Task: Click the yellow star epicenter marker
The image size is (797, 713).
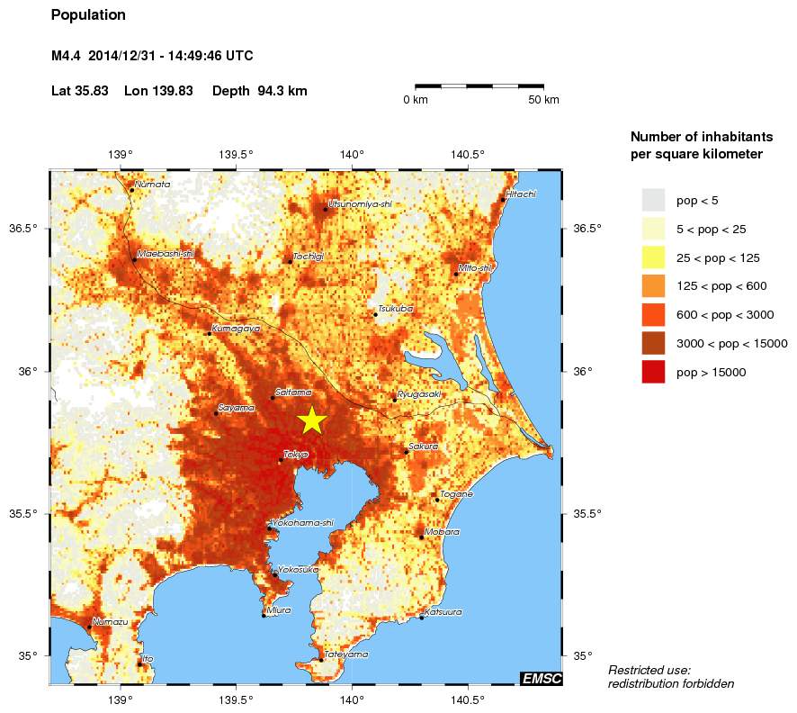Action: pos(311,420)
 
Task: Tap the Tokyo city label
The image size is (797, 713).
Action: pos(296,455)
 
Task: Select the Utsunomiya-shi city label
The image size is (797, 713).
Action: pos(361,203)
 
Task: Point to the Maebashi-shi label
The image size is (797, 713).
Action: pos(166,254)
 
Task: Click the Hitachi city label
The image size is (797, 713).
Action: pos(521,194)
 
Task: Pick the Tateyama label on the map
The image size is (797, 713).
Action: pos(346,654)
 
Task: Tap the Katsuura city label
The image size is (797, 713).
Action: pos(443,611)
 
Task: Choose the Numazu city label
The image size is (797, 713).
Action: pos(110,622)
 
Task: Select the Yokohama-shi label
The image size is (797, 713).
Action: pos(303,522)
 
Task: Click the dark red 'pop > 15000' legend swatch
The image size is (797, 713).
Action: pos(653,372)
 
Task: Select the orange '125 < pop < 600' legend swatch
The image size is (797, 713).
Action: pos(653,286)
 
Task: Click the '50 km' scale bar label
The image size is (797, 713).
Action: pos(542,100)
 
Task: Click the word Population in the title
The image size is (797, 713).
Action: pos(88,15)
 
